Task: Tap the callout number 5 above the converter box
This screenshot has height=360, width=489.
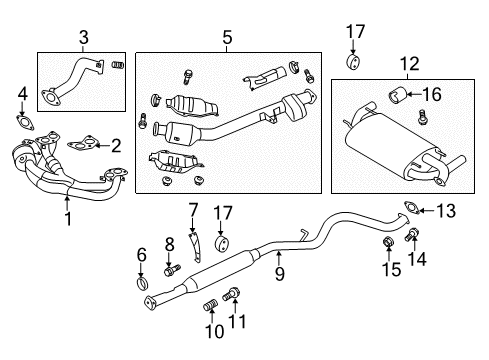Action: click(227, 37)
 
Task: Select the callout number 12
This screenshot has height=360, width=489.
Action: click(408, 63)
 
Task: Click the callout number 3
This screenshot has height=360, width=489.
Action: click(83, 37)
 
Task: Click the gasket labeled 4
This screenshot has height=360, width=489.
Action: click(22, 124)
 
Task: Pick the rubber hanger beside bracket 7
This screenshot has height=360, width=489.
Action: click(223, 246)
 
